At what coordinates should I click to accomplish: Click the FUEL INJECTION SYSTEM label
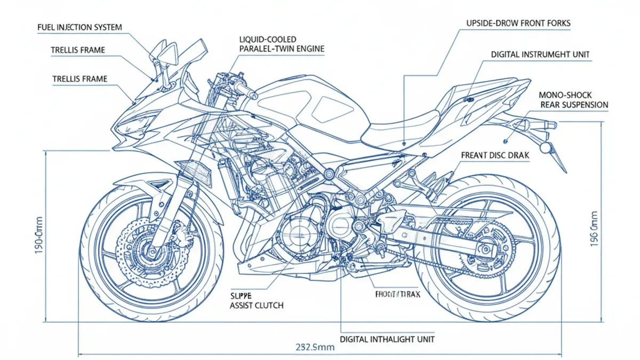click(79, 27)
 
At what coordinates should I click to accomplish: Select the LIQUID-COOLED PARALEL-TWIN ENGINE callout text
click(282, 44)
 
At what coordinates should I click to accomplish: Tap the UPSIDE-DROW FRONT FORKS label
click(518, 23)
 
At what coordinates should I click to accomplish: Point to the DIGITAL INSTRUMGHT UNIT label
click(540, 54)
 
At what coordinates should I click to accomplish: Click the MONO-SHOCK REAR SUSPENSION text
click(574, 100)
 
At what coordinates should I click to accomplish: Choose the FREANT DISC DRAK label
click(494, 155)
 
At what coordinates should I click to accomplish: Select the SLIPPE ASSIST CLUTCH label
click(257, 300)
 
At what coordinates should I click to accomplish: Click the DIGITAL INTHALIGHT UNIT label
click(387, 339)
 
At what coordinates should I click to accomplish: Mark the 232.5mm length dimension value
click(315, 347)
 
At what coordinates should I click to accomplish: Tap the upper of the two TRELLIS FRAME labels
click(78, 50)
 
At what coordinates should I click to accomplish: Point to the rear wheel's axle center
click(486, 249)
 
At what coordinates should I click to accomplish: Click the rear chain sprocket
click(486, 249)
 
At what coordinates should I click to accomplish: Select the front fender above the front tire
click(139, 184)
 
